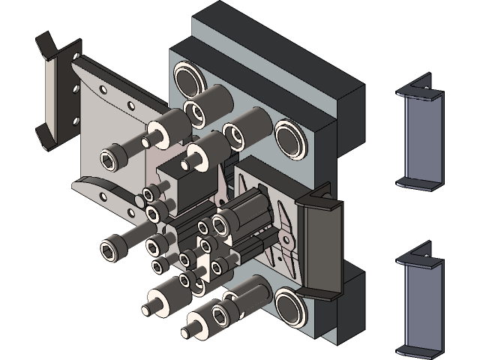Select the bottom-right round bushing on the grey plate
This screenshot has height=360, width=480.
click(289, 308)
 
